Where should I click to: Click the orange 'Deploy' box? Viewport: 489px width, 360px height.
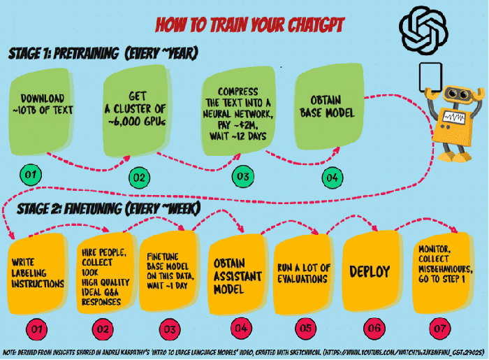click(x=370, y=273)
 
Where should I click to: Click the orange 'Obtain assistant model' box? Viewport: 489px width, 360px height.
click(x=236, y=273)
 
